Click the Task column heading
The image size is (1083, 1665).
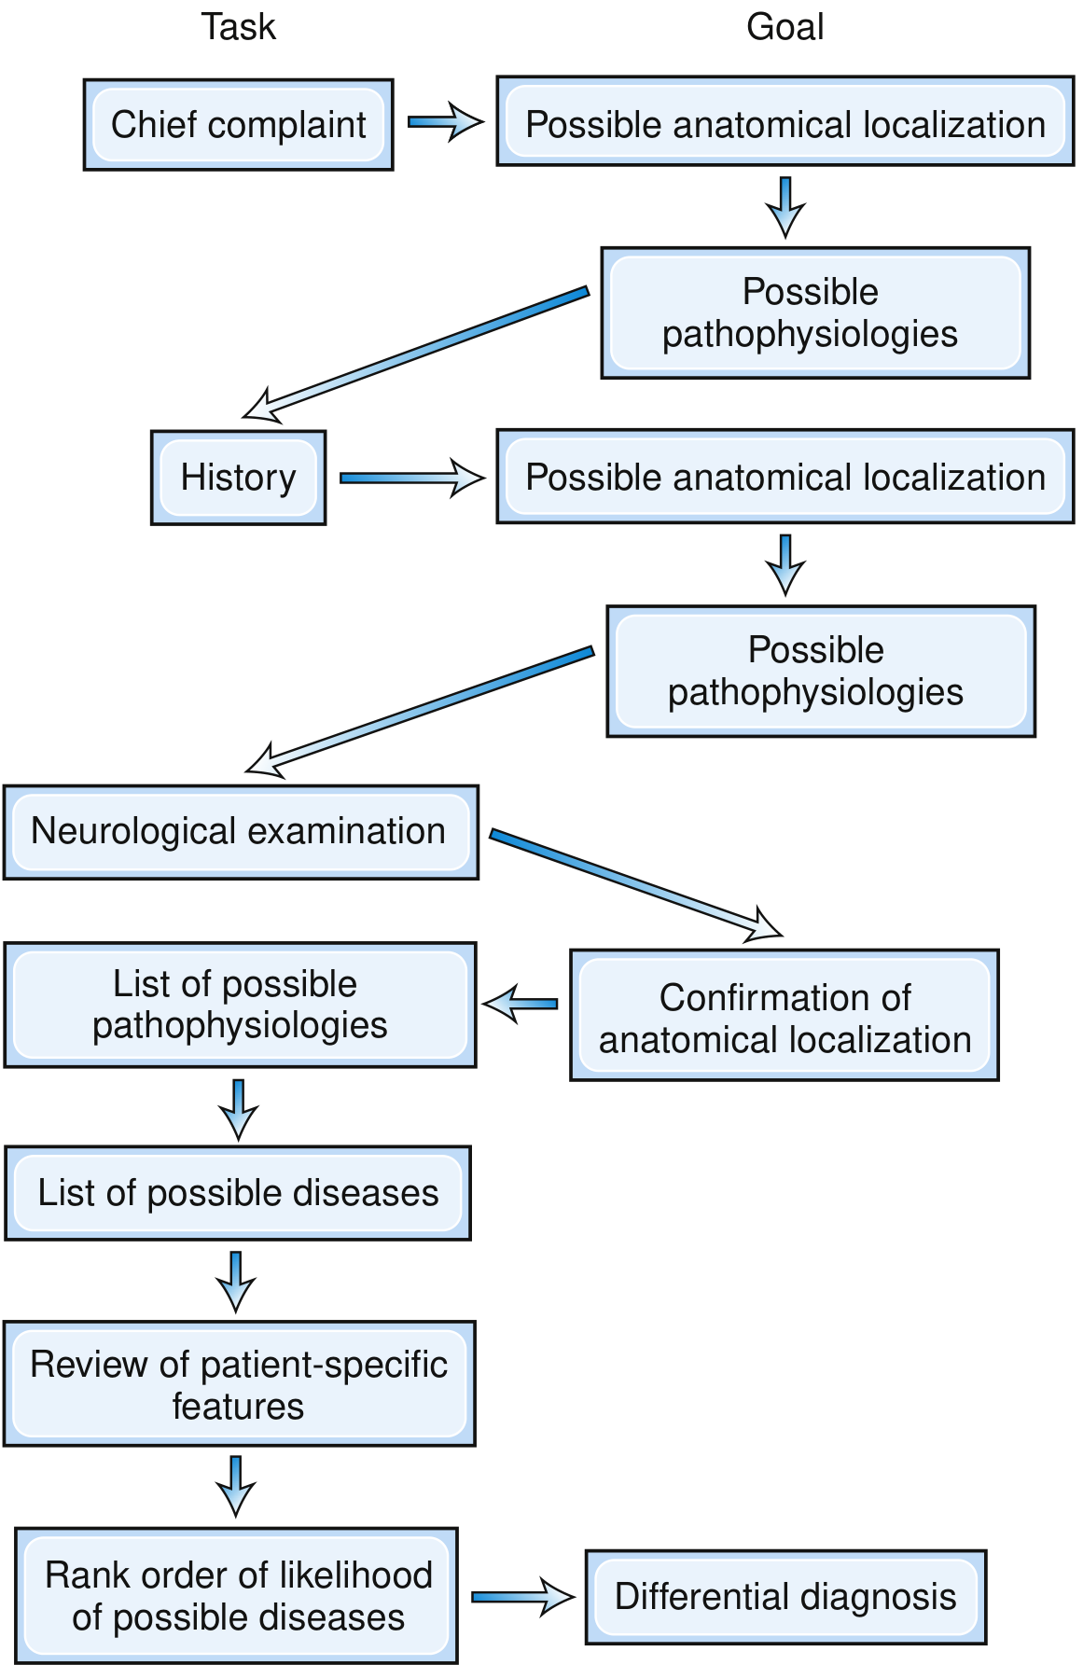(239, 27)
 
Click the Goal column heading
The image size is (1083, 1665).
(785, 27)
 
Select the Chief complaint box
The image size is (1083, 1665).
(239, 125)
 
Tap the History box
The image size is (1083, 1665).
(239, 478)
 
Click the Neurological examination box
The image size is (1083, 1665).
(241, 832)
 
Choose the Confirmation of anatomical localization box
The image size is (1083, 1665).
(784, 1016)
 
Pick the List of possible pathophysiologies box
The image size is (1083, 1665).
(241, 1005)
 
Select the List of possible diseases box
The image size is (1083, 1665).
(238, 1193)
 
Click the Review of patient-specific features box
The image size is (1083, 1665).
(240, 1384)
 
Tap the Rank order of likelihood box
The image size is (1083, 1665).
(237, 1596)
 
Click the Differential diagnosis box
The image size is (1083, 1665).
(785, 1597)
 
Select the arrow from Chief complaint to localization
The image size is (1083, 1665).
(445, 122)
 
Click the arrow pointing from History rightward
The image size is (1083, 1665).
(411, 478)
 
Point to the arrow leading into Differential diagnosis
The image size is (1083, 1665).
(522, 1597)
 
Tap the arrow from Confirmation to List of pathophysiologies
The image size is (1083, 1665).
(520, 1004)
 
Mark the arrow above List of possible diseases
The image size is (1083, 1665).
(239, 1110)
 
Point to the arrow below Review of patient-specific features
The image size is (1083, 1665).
(236, 1486)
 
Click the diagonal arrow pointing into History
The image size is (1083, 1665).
(415, 354)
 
